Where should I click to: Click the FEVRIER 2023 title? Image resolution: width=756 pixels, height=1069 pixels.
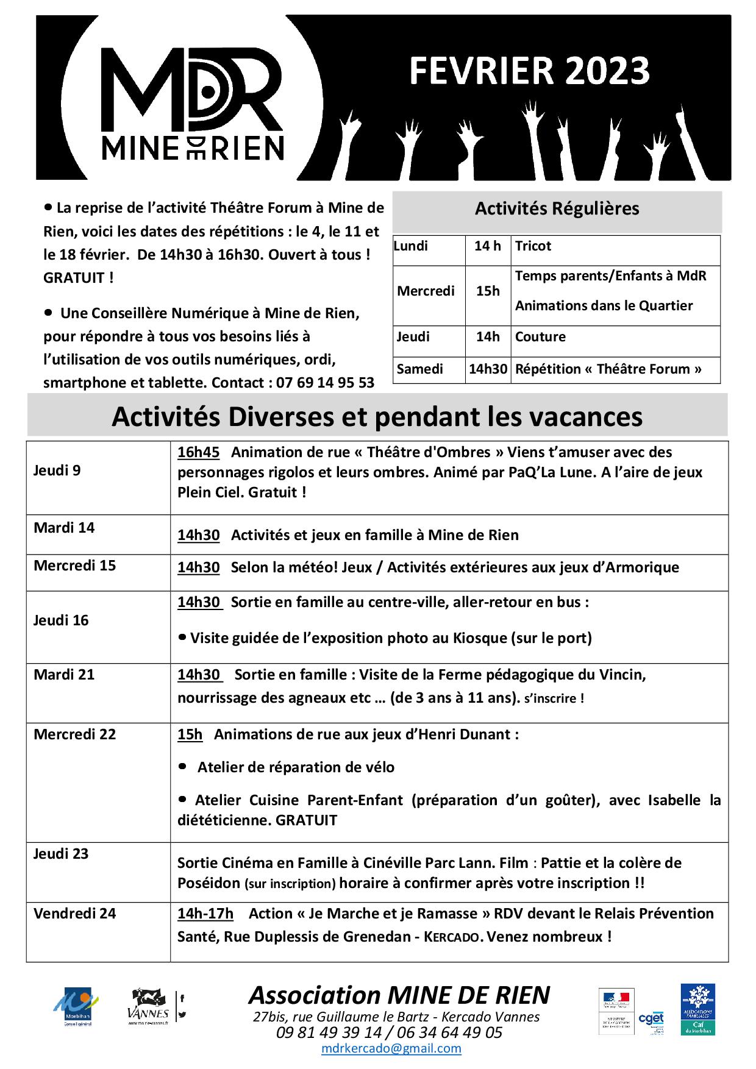pyautogui.click(x=529, y=71)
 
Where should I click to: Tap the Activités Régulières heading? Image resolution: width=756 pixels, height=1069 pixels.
pyautogui.click(x=557, y=208)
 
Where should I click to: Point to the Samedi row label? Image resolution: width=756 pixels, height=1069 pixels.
pyautogui.click(x=419, y=369)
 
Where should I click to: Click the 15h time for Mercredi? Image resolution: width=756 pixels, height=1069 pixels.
pyautogui.click(x=488, y=291)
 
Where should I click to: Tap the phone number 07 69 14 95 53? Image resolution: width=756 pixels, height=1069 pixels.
pyautogui.click(x=325, y=383)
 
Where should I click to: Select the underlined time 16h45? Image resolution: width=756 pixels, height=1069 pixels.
pyautogui.click(x=198, y=452)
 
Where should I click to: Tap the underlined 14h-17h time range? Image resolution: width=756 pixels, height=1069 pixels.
pyautogui.click(x=205, y=914)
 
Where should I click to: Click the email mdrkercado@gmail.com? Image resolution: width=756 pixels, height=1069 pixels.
pyautogui.click(x=391, y=1049)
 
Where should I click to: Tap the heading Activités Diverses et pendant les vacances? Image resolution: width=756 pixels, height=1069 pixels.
pyautogui.click(x=377, y=417)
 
